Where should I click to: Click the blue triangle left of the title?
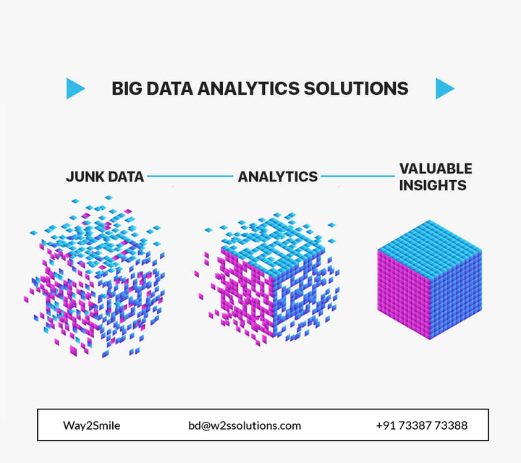75,88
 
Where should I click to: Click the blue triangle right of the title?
444,88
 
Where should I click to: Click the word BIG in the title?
127,89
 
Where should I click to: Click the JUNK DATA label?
105,177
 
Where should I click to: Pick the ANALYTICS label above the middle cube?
278,177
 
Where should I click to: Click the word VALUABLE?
436,169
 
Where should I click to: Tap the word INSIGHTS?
433,185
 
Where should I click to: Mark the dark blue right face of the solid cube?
457,293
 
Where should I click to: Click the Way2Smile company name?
91,425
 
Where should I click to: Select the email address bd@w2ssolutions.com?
245,425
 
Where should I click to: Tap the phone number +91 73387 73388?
421,425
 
